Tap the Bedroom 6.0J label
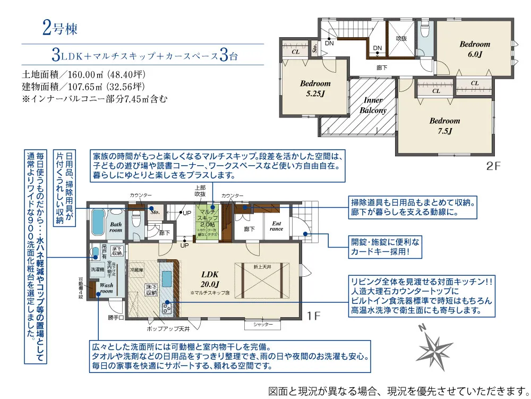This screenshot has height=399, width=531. pyautogui.click(x=475, y=49)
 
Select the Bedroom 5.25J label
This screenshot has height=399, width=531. pyautogui.click(x=315, y=88)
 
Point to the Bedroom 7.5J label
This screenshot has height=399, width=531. pyautogui.click(x=444, y=125)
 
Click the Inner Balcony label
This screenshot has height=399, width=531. pyautogui.click(x=373, y=105)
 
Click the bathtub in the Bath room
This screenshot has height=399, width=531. pyautogui.click(x=99, y=223)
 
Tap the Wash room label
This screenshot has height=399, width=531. pyautogui.click(x=106, y=288)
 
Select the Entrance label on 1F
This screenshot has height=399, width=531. pyautogui.click(x=277, y=226)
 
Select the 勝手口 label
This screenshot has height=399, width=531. pyautogui.click(x=115, y=318)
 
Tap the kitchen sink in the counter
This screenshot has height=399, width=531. pyautogui.click(x=167, y=278)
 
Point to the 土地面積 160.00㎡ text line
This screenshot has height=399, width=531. pyautogui.click(x=83, y=74)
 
